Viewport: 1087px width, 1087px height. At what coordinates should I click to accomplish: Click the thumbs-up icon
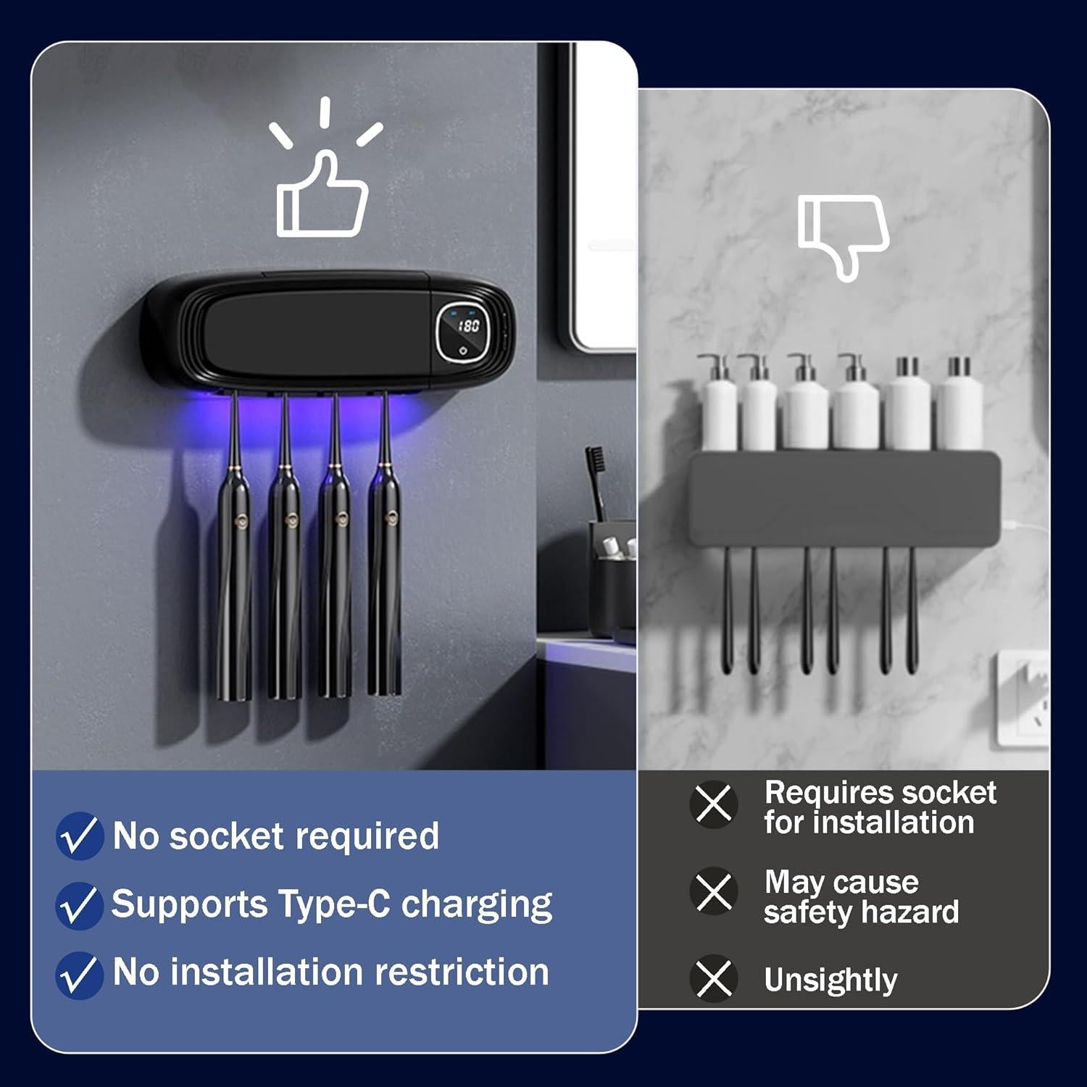pyautogui.click(x=322, y=196)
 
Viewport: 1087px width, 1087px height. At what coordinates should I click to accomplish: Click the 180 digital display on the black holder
pyautogui.click(x=469, y=326)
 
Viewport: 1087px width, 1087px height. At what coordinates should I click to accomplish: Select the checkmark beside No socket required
pyautogui.click(x=79, y=836)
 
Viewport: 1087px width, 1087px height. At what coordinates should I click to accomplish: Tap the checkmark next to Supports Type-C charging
pyautogui.click(x=79, y=906)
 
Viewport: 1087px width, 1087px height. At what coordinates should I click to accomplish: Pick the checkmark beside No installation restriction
pyautogui.click(x=79, y=975)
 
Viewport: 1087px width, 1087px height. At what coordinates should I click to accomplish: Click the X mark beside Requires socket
pyautogui.click(x=714, y=804)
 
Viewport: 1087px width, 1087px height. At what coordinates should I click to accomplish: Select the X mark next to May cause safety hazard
pyautogui.click(x=714, y=891)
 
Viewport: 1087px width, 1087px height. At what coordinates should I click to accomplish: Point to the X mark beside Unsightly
pyautogui.click(x=714, y=978)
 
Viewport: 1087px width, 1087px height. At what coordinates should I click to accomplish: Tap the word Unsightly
pyautogui.click(x=830, y=980)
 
